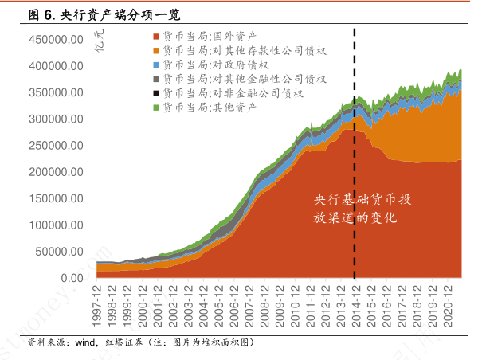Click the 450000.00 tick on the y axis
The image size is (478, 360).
[x=55, y=40]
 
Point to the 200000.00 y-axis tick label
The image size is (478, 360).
[x=55, y=172]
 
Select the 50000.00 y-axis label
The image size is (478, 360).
[x=58, y=252]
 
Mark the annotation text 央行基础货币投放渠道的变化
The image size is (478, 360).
[x=362, y=208]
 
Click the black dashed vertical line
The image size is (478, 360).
[x=355, y=159]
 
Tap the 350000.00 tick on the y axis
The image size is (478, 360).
[x=55, y=92]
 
